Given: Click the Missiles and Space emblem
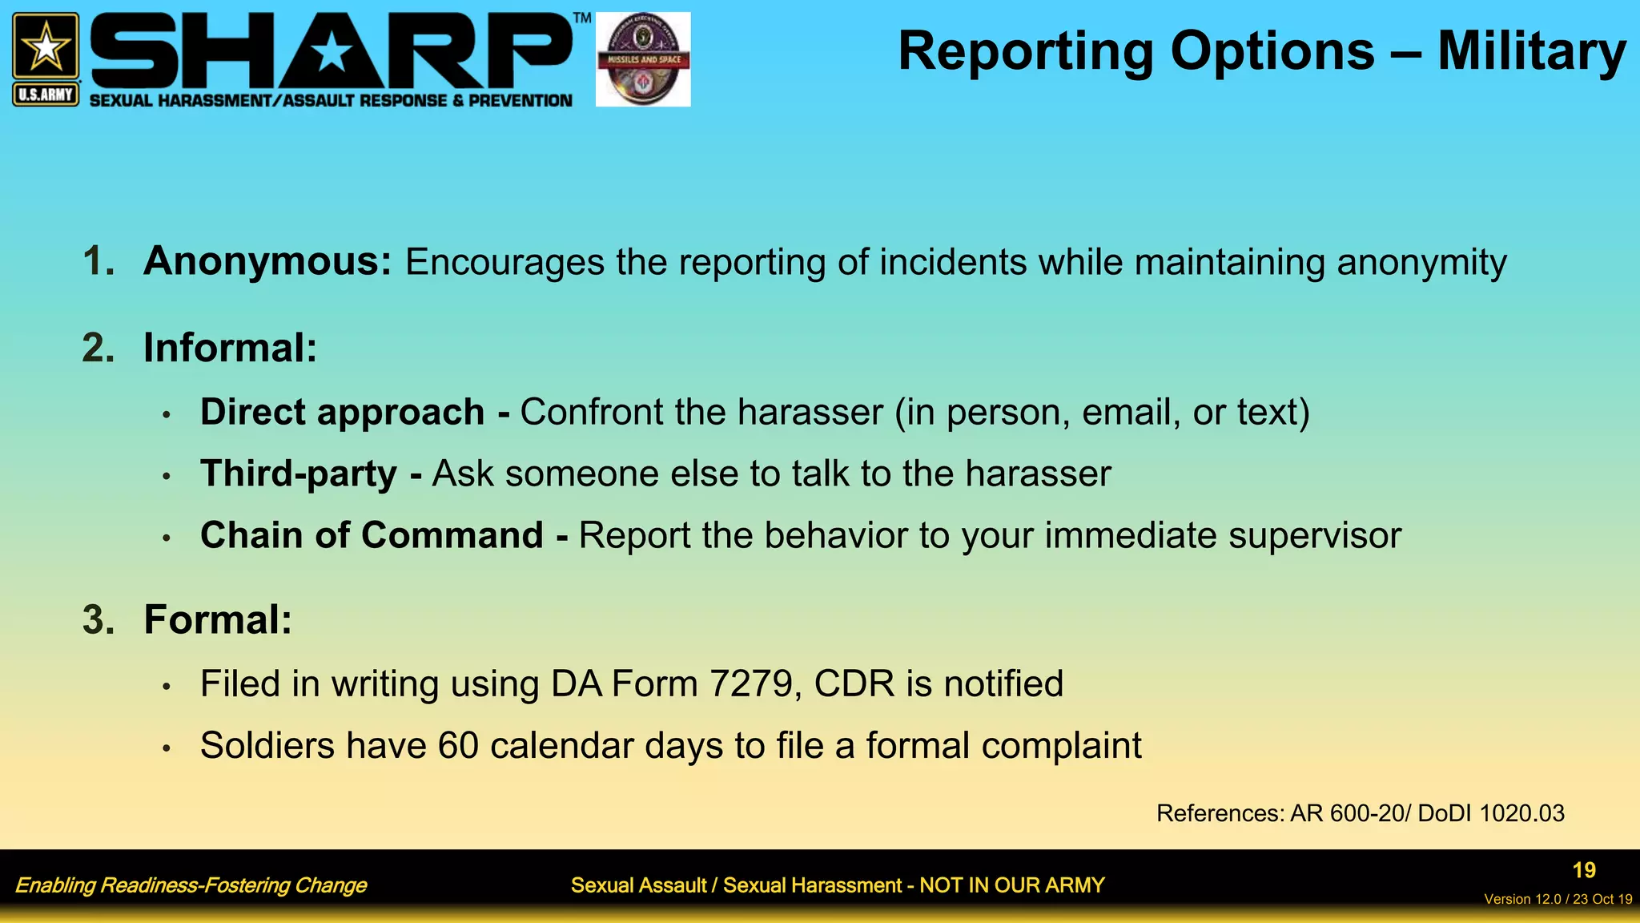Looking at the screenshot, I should pyautogui.click(x=643, y=59).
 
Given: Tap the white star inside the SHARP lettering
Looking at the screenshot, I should pyautogui.click(x=331, y=54).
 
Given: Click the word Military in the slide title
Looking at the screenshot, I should pyautogui.click(x=1531, y=51).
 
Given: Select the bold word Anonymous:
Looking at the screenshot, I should pyautogui.click(x=267, y=261).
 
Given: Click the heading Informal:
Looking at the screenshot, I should pyautogui.click(x=230, y=348).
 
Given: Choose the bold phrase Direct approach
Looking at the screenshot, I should pyautogui.click(x=342, y=412).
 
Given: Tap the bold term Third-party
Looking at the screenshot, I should pyautogui.click(x=298, y=474).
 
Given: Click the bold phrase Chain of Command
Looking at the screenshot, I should pyautogui.click(x=372, y=535).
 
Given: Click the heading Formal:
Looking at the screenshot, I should pyautogui.click(x=218, y=619).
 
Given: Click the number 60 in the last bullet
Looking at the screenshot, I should pyautogui.click(x=458, y=746).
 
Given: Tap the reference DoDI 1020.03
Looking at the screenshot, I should pyautogui.click(x=1490, y=813).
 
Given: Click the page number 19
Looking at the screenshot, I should pyautogui.click(x=1583, y=870).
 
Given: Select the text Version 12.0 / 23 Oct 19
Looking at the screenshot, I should pyautogui.click(x=1558, y=899).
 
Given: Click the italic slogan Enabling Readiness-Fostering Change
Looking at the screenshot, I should pyautogui.click(x=191, y=885).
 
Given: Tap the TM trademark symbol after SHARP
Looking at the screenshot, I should pyautogui.click(x=582, y=18).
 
